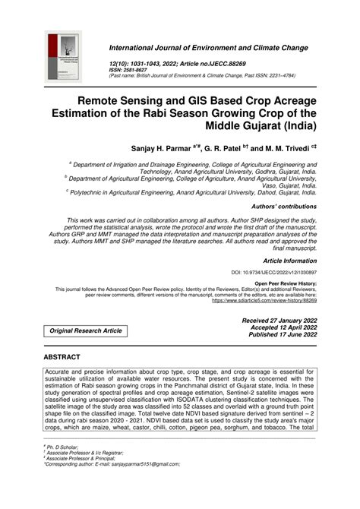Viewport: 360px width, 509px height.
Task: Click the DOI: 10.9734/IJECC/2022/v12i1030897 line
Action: (274, 271)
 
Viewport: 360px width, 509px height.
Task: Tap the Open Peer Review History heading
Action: (285, 283)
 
